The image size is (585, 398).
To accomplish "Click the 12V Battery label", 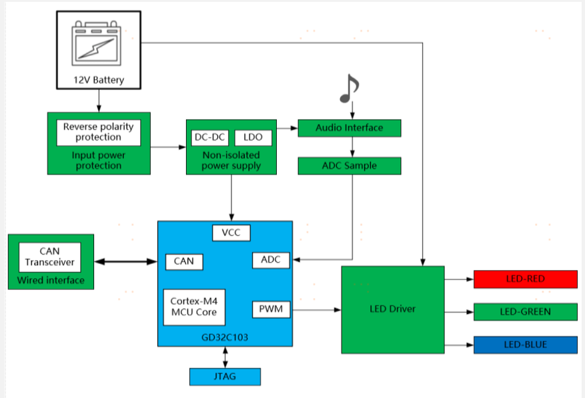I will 99,81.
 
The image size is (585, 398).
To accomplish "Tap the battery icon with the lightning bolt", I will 98,45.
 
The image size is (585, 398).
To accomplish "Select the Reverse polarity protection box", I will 99,132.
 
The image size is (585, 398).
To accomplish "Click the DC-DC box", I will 209,137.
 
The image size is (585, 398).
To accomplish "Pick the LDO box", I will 253,137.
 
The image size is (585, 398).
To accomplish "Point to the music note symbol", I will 349,89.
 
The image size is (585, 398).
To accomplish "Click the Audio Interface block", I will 349,128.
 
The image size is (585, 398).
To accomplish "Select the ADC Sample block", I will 349,165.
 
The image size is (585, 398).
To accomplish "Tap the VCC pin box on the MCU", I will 231,233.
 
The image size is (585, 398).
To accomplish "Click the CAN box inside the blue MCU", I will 183,261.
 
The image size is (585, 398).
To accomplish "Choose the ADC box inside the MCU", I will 271,260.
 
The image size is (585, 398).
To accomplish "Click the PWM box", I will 271,309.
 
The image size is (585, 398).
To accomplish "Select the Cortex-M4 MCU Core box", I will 193,307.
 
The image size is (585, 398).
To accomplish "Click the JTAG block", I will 225,377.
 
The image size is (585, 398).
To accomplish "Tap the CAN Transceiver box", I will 50,257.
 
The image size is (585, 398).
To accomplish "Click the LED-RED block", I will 525,279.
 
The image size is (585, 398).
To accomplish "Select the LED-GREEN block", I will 525,311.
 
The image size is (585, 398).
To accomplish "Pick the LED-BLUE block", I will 525,345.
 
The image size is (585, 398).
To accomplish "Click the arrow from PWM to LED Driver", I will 316,309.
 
